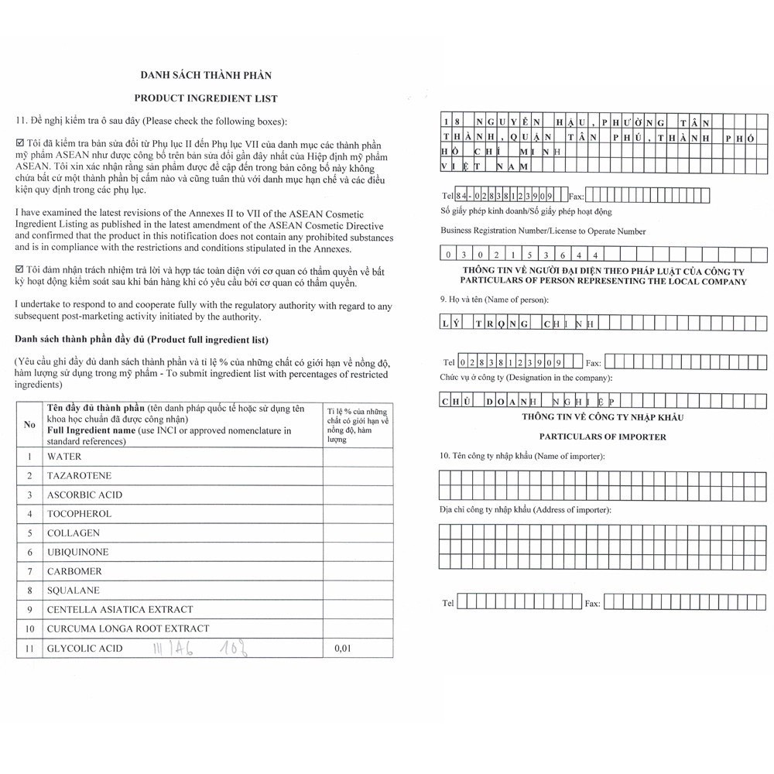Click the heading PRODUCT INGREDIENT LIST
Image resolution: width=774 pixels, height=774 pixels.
205,98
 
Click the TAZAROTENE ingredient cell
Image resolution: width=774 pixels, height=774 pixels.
79,475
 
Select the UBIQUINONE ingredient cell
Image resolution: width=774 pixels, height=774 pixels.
77,552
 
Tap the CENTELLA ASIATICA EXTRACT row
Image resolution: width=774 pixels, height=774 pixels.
120,609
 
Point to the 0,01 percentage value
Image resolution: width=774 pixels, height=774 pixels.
342,648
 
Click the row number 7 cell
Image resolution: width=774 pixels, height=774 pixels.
29,571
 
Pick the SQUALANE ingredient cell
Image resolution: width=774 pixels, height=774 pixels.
73,590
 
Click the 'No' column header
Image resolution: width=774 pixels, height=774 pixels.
29,424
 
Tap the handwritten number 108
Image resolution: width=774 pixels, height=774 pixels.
236,647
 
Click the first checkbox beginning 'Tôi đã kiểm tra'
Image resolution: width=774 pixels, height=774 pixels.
20,145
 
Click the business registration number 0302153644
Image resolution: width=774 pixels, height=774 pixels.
519,254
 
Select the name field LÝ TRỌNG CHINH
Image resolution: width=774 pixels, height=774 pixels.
519,324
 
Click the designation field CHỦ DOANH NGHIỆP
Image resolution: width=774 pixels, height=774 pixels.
526,401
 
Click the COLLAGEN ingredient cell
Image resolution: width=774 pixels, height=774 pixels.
74,533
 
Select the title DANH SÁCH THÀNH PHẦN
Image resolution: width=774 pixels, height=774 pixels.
205,75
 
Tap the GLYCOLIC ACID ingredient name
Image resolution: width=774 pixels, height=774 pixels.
85,648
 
